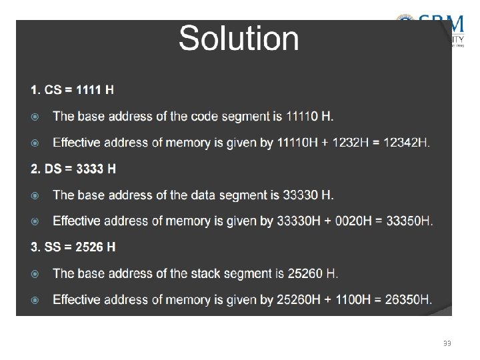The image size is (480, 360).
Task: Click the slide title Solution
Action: (x=239, y=39)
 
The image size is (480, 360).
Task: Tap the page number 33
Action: (x=447, y=343)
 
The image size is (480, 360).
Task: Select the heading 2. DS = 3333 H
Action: (x=73, y=169)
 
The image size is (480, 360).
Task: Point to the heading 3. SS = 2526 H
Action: (x=73, y=247)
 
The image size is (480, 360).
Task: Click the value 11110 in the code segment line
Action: (x=302, y=117)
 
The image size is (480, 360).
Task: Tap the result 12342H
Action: (x=405, y=143)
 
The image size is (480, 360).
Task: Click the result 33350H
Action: (x=406, y=221)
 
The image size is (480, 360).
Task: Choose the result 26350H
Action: (x=406, y=299)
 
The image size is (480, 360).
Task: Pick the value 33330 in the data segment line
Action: (x=301, y=195)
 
